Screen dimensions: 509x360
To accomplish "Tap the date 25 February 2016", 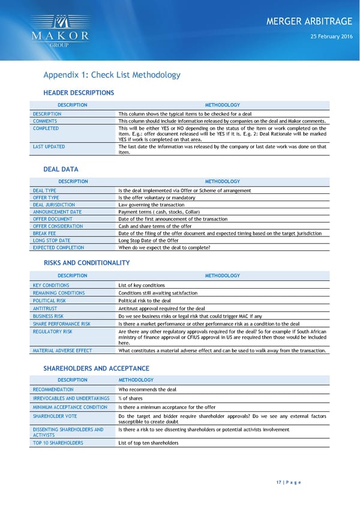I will (x=331, y=37).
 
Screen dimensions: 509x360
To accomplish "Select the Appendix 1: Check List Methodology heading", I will (x=112, y=75).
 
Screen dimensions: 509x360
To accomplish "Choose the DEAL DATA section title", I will (x=61, y=170).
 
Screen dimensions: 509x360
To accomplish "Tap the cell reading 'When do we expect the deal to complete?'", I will (x=164, y=247).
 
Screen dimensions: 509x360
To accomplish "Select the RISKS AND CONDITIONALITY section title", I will (x=86, y=263).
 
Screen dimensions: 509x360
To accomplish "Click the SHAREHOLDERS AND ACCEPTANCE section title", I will (x=96, y=368).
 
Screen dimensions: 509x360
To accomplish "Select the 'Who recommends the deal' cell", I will (x=148, y=390).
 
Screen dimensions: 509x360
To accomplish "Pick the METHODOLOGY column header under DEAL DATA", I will (x=222, y=181).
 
